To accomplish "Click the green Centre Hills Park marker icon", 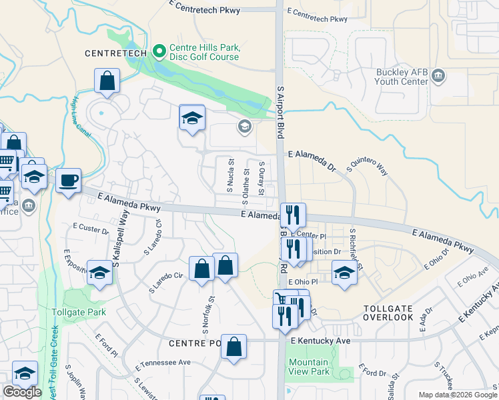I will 159,51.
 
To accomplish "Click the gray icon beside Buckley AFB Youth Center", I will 438,75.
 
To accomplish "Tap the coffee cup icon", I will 68,180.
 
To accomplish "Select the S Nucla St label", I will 231,171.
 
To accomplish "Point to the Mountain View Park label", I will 309,367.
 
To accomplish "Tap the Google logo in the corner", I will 22,392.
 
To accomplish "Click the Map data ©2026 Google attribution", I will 457,395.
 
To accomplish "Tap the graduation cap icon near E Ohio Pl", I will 344,273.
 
